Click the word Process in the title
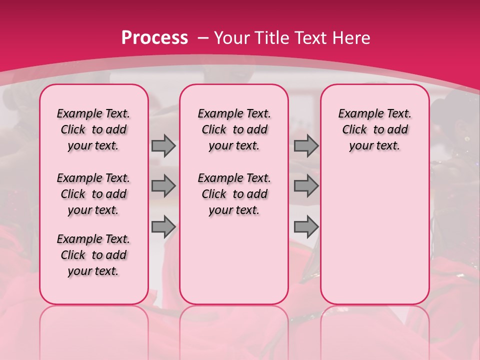(x=154, y=37)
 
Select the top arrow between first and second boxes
(x=163, y=145)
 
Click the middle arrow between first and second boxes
(x=163, y=186)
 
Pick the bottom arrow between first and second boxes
(x=163, y=227)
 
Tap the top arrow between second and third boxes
(x=306, y=145)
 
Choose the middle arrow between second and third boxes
(x=306, y=186)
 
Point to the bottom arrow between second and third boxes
(x=306, y=227)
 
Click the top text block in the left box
(x=93, y=129)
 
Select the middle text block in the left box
(x=93, y=194)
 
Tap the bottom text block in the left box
(x=93, y=255)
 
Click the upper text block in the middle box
(x=234, y=129)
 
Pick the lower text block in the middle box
(x=234, y=194)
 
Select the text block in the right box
(x=374, y=129)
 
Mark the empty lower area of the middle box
(x=234, y=260)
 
